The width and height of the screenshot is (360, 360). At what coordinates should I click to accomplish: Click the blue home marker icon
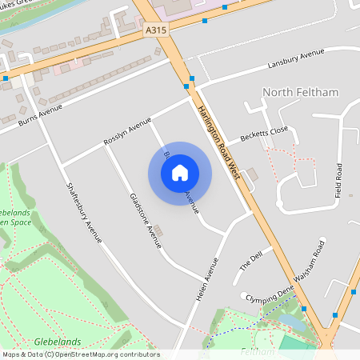click(180, 172)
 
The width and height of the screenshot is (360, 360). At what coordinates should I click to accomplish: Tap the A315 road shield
click(157, 30)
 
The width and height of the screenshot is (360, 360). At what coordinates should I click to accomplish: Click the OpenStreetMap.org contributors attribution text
click(104, 354)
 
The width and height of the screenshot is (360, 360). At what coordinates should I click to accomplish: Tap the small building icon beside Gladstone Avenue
click(158, 231)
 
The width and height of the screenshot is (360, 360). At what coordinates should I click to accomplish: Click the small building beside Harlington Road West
click(252, 174)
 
